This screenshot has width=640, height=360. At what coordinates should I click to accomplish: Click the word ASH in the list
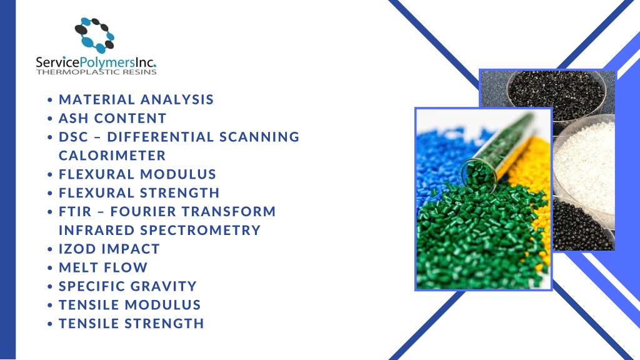[x=74, y=118]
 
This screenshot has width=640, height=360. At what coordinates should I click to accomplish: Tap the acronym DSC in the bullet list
[x=74, y=137]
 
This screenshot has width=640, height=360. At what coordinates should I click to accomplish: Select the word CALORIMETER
[x=112, y=155]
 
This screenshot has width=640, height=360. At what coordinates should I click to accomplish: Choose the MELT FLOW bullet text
[x=103, y=267]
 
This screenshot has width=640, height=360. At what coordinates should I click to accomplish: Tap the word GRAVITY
[x=164, y=286]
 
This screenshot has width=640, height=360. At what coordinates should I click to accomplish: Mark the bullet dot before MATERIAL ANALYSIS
[x=50, y=100]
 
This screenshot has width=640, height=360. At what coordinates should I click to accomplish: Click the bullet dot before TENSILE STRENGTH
[x=50, y=324]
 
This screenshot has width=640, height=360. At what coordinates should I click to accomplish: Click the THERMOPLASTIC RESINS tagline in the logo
[x=96, y=72]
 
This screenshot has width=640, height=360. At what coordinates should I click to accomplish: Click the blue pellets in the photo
[x=437, y=156]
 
